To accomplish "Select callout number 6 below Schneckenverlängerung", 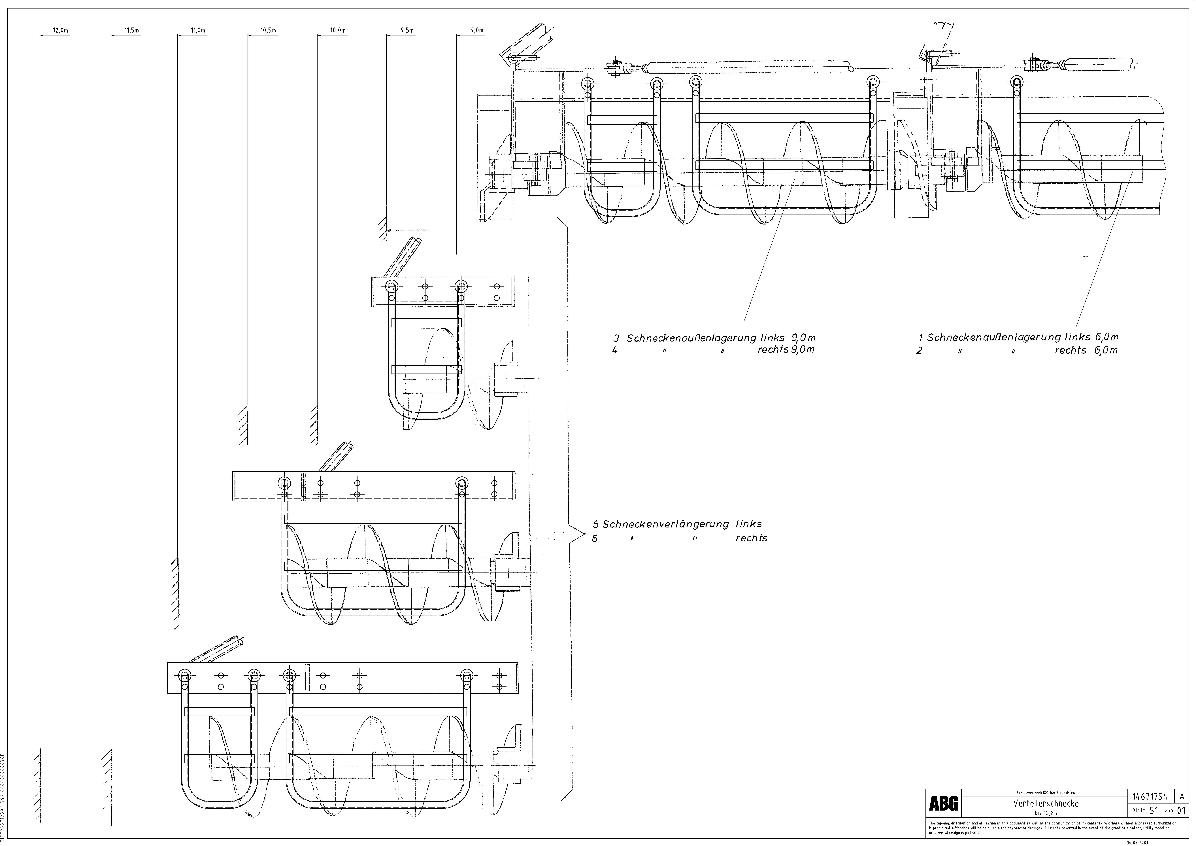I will (x=595, y=539).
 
